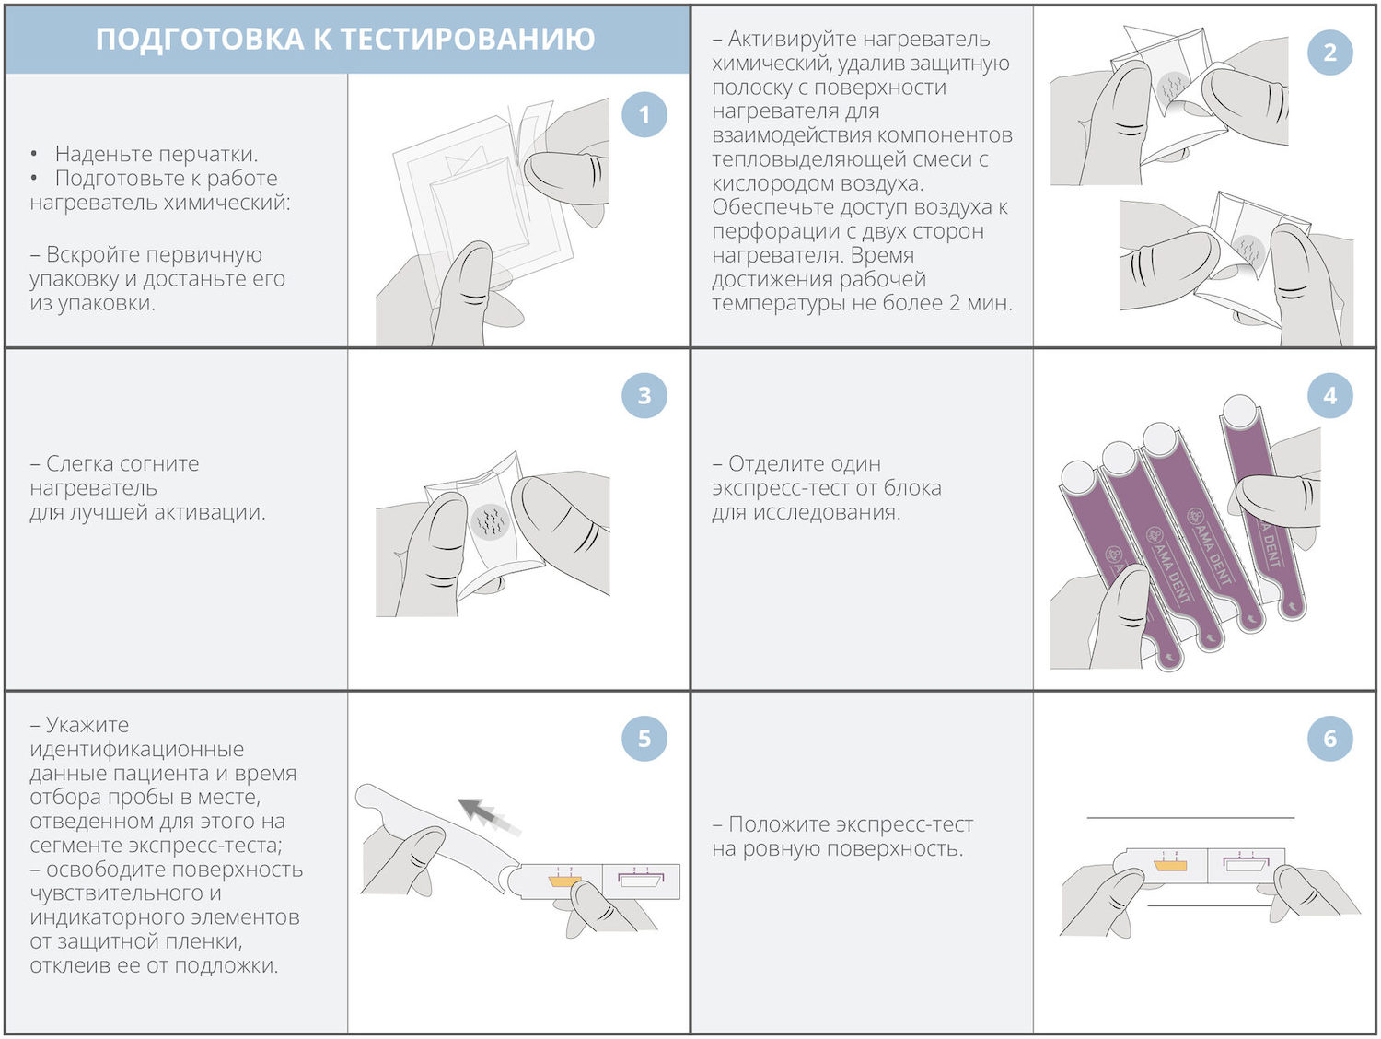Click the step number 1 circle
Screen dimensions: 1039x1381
tap(644, 115)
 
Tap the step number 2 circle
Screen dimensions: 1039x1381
tap(1329, 53)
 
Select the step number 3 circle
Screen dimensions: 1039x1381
tap(644, 396)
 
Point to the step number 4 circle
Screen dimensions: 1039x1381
tap(1329, 396)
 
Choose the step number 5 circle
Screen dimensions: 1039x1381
tap(644, 739)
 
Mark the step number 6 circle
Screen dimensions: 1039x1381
tap(1329, 739)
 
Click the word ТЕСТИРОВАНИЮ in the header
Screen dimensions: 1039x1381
tap(468, 39)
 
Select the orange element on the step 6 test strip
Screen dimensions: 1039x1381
tap(1170, 865)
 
